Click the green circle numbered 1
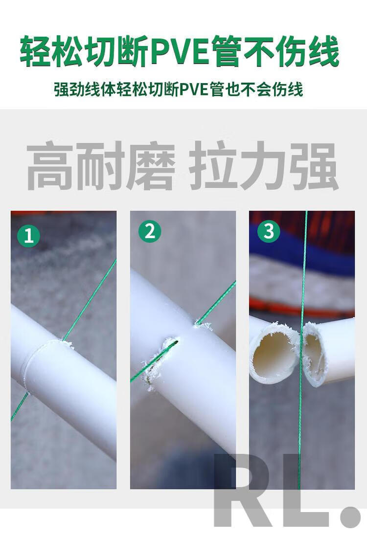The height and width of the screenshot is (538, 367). (x=29, y=236)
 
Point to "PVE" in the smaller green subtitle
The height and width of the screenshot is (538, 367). (x=193, y=90)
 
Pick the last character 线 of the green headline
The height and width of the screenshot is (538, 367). (x=324, y=51)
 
